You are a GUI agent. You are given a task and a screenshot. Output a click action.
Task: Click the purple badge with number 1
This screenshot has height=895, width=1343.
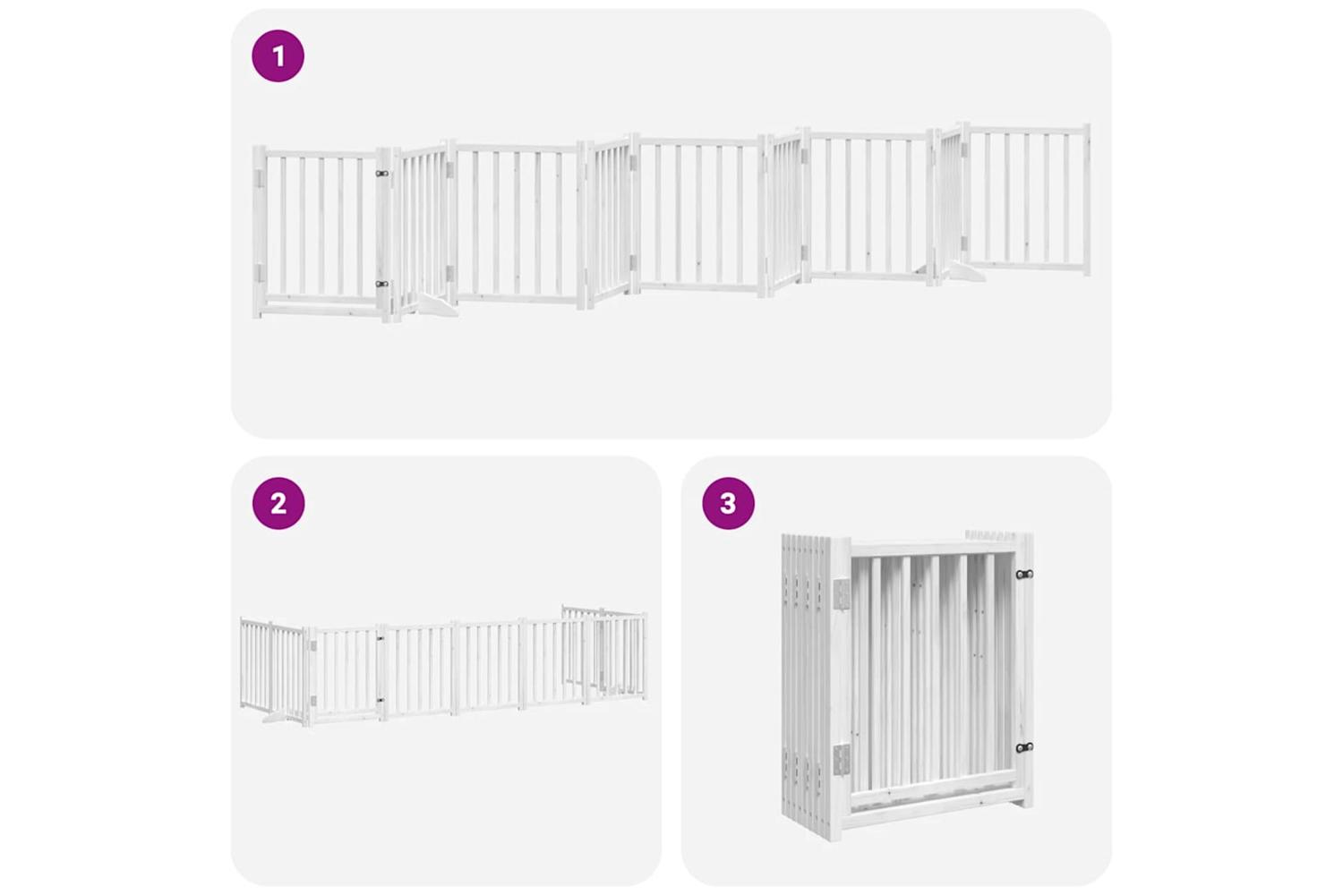pos(278,55)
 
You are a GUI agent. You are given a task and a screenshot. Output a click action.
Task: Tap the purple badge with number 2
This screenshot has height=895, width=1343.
pos(278,503)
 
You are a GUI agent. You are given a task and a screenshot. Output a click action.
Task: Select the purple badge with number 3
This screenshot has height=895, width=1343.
pos(728,503)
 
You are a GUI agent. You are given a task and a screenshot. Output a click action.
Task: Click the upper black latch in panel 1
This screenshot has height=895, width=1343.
pos(382,174)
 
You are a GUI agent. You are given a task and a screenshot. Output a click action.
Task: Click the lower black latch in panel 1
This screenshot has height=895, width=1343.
pos(382,284)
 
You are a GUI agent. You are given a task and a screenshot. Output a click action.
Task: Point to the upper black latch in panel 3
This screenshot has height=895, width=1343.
pos(1024,575)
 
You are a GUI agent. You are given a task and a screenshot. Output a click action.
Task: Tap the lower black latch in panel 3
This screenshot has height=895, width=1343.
pos(1024,747)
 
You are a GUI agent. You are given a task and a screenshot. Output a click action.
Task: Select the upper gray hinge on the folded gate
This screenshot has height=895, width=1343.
pos(842,593)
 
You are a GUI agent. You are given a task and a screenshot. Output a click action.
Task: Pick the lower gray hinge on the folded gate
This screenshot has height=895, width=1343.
pos(842,759)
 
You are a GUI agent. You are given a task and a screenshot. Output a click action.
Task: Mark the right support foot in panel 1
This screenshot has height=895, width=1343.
pos(964,273)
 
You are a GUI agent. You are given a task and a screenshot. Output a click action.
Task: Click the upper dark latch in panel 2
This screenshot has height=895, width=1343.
pos(381,638)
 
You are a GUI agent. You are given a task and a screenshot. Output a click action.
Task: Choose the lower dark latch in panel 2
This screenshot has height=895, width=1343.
pos(381,700)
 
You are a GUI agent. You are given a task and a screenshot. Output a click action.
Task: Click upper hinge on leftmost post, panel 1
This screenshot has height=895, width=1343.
pos(260,178)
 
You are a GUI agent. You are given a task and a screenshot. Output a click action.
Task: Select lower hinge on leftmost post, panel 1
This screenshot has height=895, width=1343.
pos(260,273)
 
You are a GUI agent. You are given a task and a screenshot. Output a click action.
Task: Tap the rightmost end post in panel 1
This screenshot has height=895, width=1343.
pos(1086,200)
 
